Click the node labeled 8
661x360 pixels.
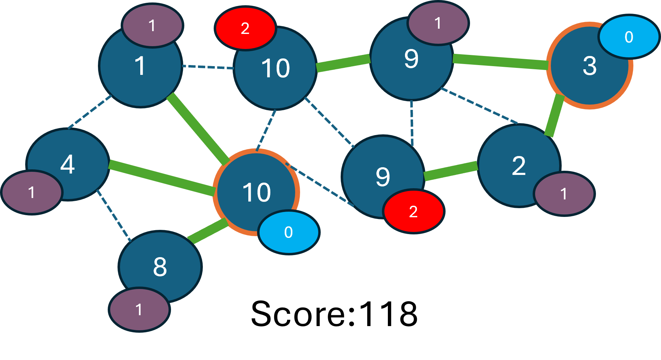tap(160, 267)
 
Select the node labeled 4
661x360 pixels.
tap(68, 164)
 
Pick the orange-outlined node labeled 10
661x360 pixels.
tap(256, 192)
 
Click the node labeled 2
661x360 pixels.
tap(519, 165)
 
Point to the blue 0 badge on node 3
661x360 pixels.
tap(629, 37)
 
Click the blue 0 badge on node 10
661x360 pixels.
tap(289, 232)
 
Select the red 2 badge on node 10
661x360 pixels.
tap(245, 28)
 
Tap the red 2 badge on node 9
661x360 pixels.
tap(413, 212)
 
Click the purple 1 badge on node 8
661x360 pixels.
tap(139, 310)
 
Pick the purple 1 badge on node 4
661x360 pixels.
tap(32, 192)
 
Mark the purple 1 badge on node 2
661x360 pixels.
tap(564, 194)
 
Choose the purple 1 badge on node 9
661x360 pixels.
tap(438, 23)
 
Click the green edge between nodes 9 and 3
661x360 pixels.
tap(500, 62)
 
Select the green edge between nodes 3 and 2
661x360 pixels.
tap(555, 115)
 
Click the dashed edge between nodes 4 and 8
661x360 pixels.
tap(113, 216)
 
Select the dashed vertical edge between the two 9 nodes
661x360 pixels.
tap(412, 122)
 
